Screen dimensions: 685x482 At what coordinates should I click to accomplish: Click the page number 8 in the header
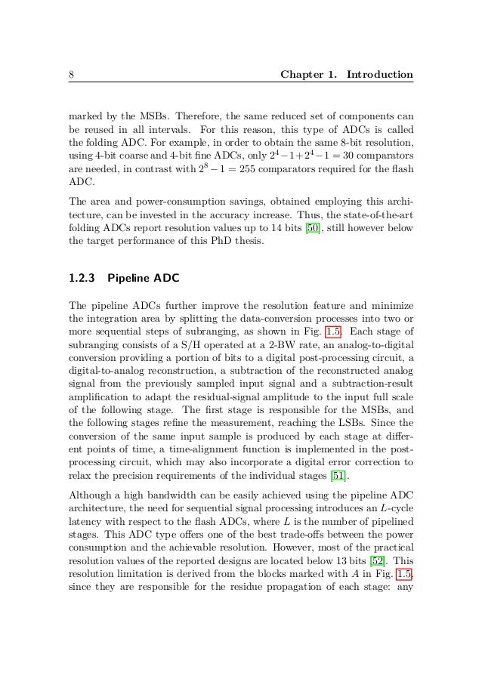(x=70, y=75)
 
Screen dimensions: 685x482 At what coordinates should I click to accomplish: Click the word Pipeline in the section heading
(x=128, y=278)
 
